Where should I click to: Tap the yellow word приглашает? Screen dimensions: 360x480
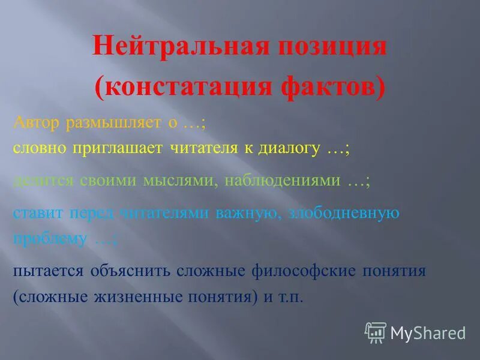116,149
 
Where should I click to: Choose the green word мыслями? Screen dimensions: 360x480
179,180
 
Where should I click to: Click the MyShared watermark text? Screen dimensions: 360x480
427,332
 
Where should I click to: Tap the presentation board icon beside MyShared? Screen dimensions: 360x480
375,332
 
